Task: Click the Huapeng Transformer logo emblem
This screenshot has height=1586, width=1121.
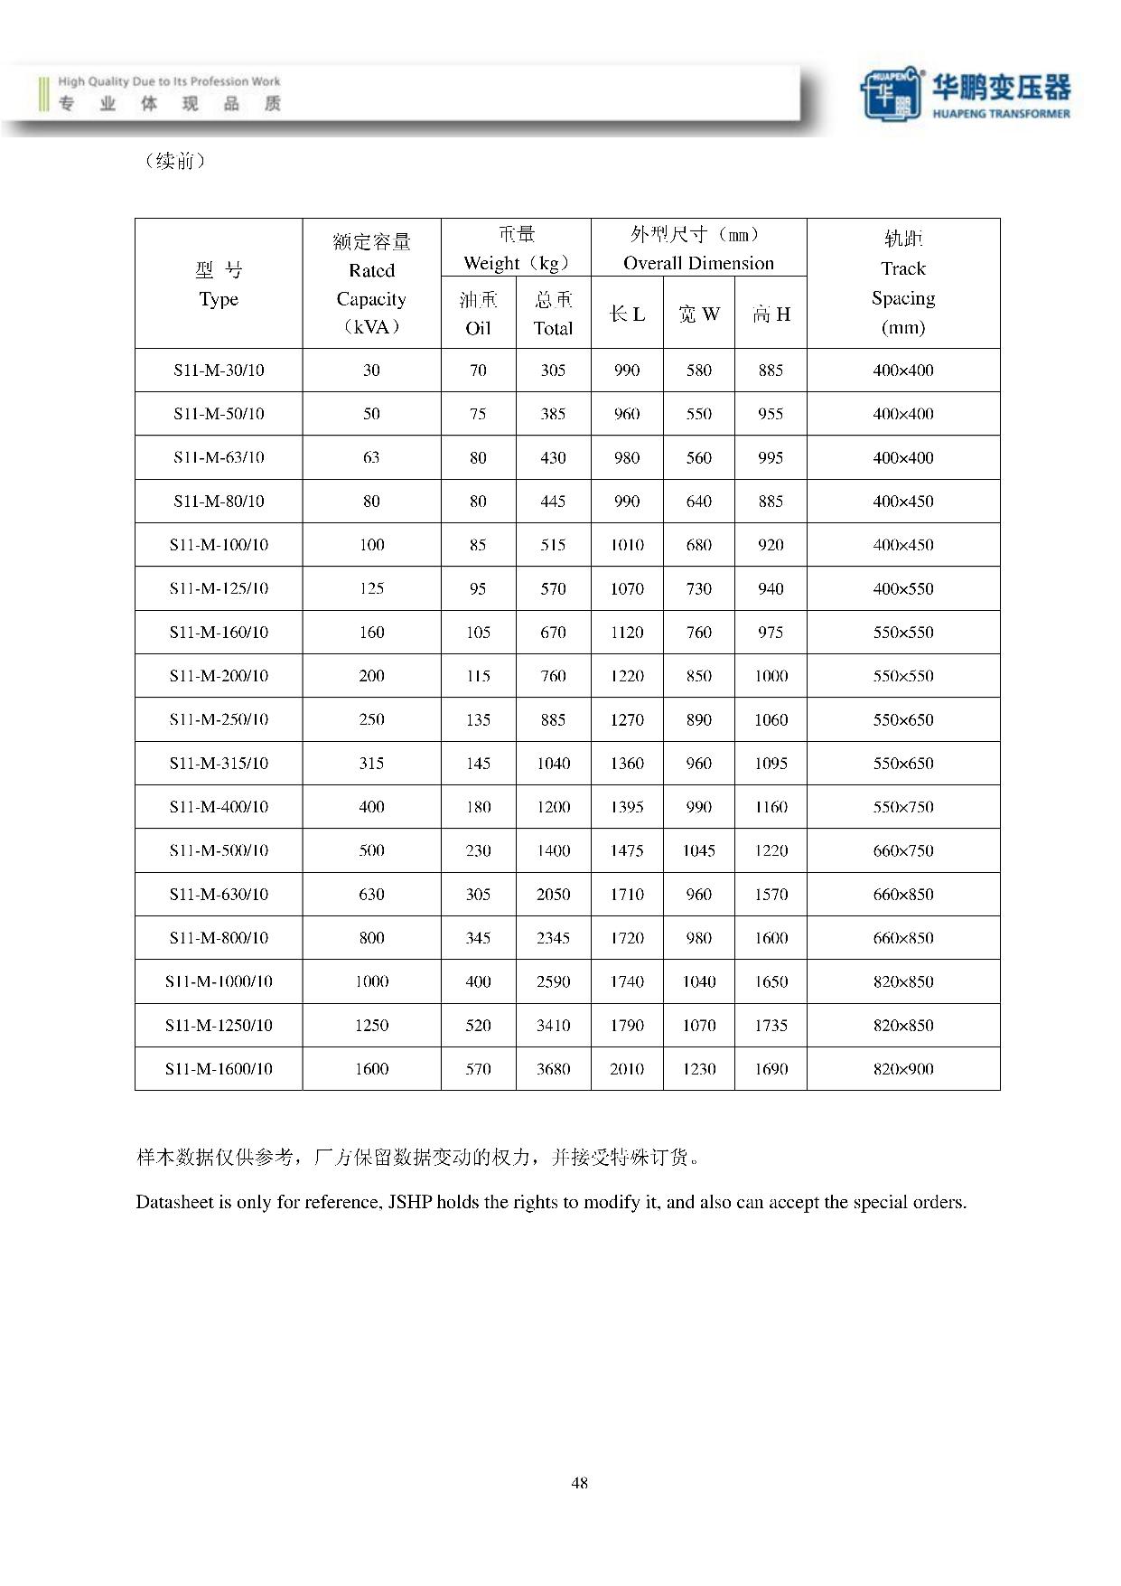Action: [891, 92]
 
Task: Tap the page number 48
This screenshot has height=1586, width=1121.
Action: [579, 1482]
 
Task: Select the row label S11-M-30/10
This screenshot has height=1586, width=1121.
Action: [219, 370]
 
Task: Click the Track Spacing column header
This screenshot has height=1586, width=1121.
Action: [902, 283]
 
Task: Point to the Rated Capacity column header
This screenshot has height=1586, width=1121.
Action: [371, 284]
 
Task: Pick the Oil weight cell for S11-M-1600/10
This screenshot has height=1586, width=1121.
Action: [478, 1069]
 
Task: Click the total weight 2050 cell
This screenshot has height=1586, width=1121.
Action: [553, 894]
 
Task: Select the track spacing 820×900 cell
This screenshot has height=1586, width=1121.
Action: [902, 1069]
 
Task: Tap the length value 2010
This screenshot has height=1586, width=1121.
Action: [627, 1069]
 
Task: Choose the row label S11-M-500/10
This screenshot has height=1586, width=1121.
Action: [219, 850]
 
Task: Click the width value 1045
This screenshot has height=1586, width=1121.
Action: [698, 850]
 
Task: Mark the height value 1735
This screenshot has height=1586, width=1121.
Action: [771, 1025]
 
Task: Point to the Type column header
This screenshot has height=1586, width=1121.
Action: [219, 284]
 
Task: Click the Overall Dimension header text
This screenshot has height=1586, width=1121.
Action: [698, 263]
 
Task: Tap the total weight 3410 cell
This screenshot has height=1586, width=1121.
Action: [553, 1025]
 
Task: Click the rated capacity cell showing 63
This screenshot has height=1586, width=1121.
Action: [371, 457]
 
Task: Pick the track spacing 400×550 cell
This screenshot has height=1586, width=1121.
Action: [902, 588]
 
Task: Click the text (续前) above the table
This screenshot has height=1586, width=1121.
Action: [174, 161]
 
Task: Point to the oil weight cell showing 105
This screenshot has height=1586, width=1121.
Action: [478, 632]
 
